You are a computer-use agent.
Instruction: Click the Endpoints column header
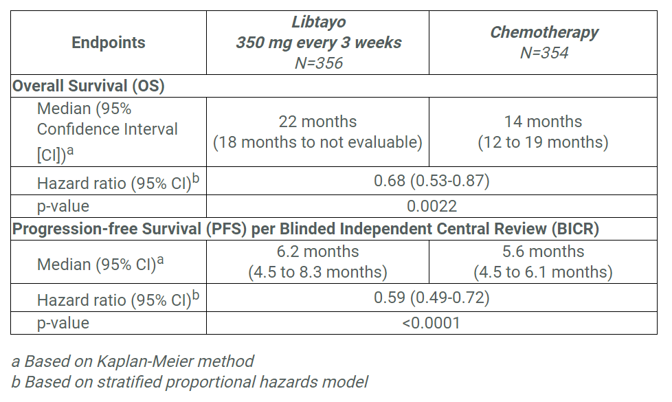coord(109,43)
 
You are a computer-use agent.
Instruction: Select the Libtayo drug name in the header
coord(318,22)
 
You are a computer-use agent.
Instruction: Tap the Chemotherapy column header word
coord(544,32)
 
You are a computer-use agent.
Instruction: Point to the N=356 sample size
coord(318,63)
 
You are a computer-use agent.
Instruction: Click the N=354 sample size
coord(544,53)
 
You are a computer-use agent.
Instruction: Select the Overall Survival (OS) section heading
coord(89,87)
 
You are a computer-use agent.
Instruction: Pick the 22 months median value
coord(317,122)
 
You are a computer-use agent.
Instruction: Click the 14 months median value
coord(543,122)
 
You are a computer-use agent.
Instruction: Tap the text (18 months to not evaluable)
coord(317,143)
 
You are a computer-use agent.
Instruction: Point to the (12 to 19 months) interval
coord(543,143)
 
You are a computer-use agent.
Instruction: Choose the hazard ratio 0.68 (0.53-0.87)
coord(431,181)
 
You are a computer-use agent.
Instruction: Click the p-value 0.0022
coord(431,206)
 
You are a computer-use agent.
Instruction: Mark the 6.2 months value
coord(317,252)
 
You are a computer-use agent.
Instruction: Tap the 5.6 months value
coord(543,252)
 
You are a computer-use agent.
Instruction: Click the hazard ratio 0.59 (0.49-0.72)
coord(431,298)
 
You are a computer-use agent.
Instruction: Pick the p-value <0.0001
coord(431,323)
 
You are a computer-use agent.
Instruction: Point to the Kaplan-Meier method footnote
coord(133,361)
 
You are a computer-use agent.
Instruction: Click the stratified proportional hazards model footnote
coord(190,382)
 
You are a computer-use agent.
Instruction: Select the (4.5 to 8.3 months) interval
coord(317,272)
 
